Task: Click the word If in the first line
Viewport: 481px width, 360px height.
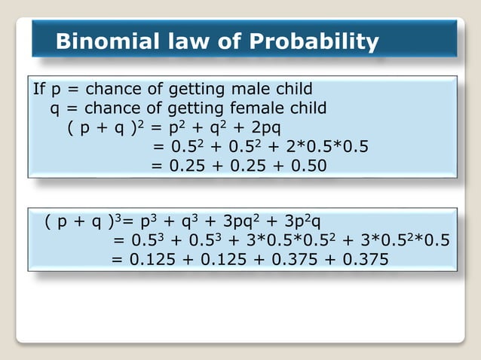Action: pos(40,90)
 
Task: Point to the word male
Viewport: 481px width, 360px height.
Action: pos(255,90)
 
